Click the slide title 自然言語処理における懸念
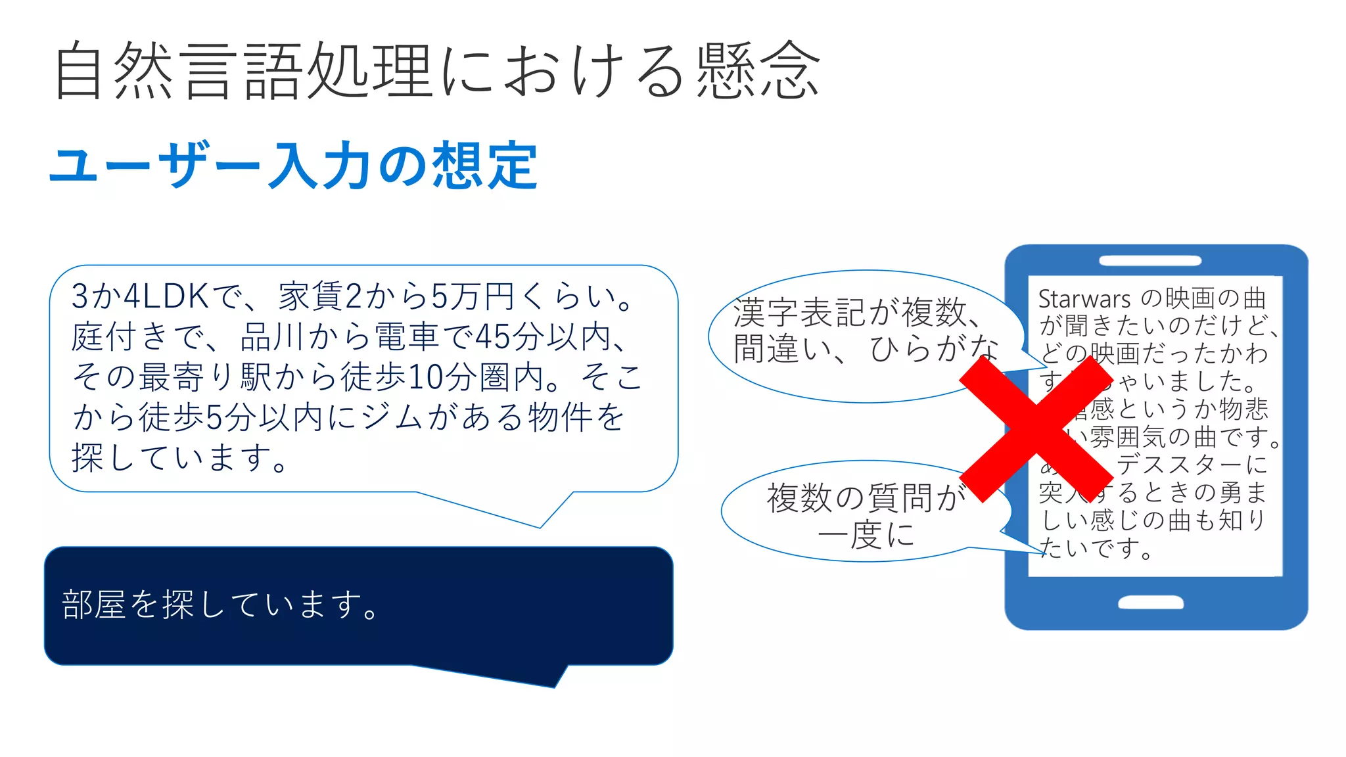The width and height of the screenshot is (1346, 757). tap(437, 71)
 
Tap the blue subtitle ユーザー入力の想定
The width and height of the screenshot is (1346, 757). tap(294, 166)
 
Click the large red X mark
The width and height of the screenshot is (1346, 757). tap(1036, 428)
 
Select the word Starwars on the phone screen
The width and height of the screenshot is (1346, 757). tap(1084, 299)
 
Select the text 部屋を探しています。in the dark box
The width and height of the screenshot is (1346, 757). tap(221, 605)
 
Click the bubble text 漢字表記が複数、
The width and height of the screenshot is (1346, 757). tap(858, 313)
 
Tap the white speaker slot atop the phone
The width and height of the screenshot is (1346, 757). tap(1150, 261)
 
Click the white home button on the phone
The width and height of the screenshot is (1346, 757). tap(1151, 603)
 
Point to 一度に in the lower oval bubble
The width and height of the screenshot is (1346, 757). tap(866, 534)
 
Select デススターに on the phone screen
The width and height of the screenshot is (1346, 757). tap(1191, 464)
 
